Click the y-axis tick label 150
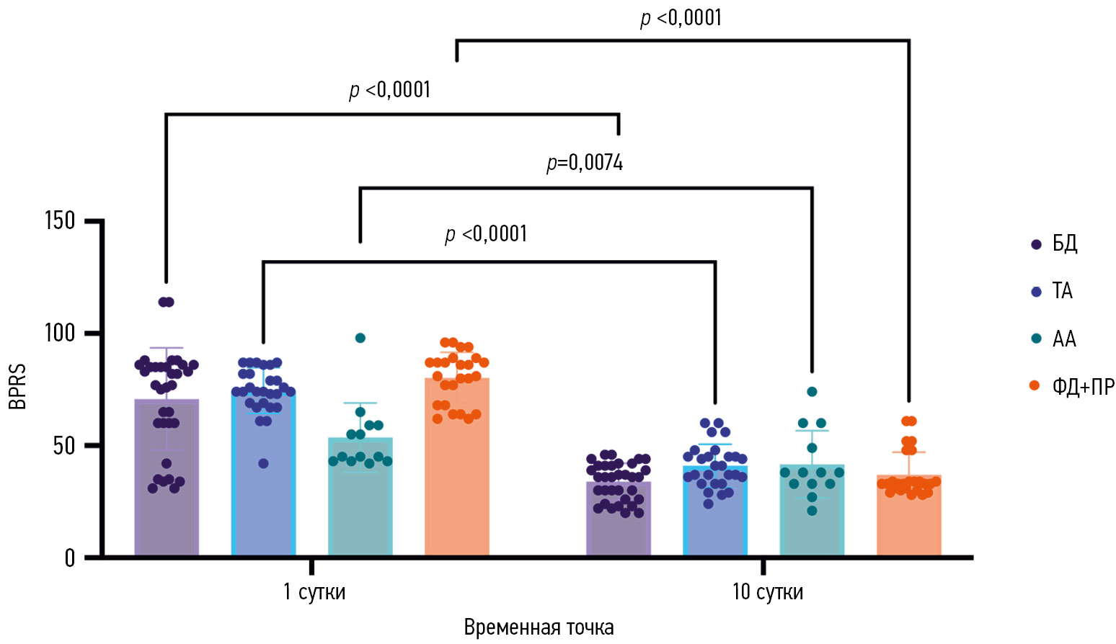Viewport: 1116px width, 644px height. point(60,221)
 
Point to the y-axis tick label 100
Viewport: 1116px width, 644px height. point(60,334)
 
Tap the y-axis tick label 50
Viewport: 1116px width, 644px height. point(65,446)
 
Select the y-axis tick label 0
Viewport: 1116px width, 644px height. point(70,558)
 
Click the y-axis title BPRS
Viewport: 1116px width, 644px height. point(17,387)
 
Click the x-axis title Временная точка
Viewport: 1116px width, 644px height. point(539,627)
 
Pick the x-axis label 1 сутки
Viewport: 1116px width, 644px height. point(314,592)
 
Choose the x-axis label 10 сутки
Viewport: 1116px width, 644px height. point(767,592)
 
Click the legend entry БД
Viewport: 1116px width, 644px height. point(1064,243)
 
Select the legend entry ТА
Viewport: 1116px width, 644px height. point(1062,291)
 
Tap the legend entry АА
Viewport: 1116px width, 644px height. point(1063,339)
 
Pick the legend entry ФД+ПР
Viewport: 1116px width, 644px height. point(1082,387)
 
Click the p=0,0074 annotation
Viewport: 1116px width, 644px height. point(585,163)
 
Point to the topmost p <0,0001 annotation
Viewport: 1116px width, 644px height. point(681,17)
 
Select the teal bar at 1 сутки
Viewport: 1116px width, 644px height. point(360,504)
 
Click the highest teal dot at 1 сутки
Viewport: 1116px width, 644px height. point(360,338)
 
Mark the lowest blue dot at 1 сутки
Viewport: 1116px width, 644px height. point(264,463)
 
